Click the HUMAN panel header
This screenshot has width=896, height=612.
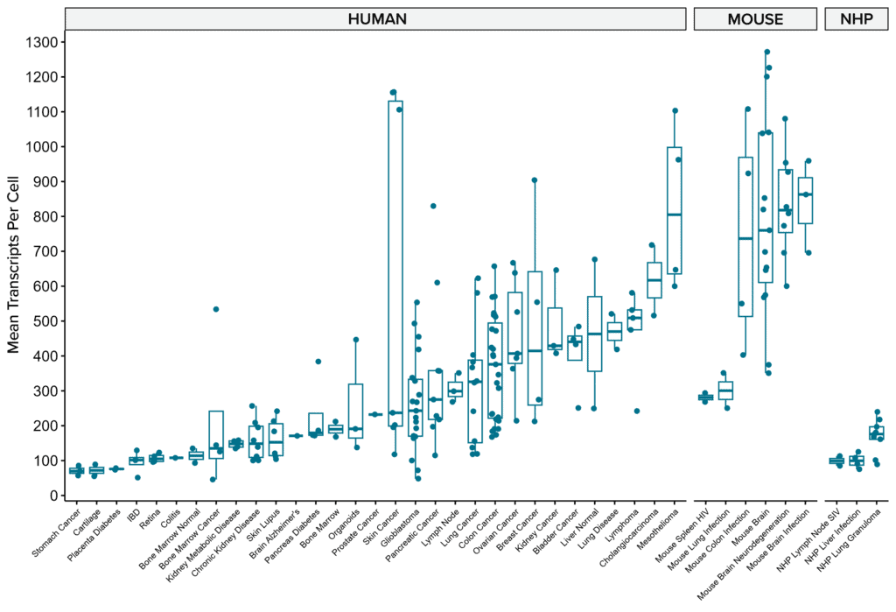[x=376, y=18]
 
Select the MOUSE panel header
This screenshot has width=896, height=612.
[x=755, y=18]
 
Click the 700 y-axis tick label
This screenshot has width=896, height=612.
[x=43, y=251]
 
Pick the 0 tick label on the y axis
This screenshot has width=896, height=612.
[x=52, y=496]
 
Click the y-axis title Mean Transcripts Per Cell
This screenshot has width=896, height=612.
[x=15, y=269]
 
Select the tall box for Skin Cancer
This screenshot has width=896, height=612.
[x=395, y=263]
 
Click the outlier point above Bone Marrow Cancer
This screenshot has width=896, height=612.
[x=216, y=309]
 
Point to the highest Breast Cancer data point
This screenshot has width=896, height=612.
[x=534, y=180]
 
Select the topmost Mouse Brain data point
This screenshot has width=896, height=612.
[x=766, y=53]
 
